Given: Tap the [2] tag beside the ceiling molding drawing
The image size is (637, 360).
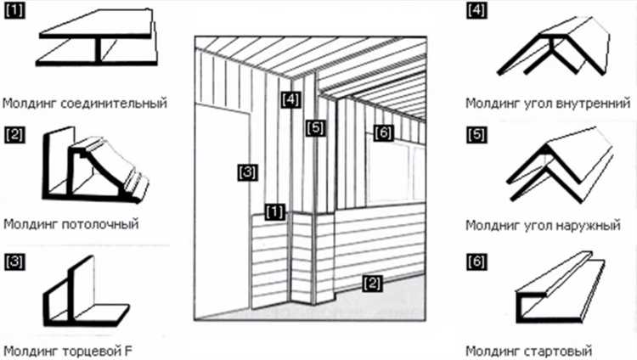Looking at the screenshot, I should click(x=14, y=133).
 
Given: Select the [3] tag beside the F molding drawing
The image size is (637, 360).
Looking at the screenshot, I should click(x=14, y=259).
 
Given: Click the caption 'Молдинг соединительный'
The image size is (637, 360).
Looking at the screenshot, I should click(x=84, y=104).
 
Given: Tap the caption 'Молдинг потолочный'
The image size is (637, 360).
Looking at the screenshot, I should click(x=70, y=225).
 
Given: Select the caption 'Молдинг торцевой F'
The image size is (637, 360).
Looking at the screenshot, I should click(x=68, y=350).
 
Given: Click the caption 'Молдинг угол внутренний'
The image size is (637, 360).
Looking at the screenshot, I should click(x=548, y=104).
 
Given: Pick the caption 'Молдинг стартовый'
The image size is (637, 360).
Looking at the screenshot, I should click(x=528, y=350).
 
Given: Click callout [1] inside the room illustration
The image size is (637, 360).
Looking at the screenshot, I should click(x=274, y=209).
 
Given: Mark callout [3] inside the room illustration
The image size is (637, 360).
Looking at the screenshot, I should click(x=246, y=172).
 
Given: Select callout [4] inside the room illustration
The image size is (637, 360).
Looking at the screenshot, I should click(x=290, y=98).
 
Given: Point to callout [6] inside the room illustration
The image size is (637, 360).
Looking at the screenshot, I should click(x=382, y=133).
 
